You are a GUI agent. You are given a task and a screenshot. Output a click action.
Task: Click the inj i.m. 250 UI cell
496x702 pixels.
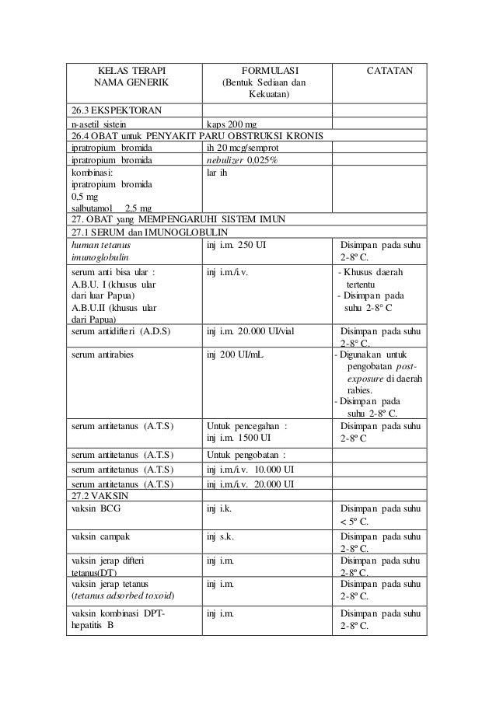pos(239,247)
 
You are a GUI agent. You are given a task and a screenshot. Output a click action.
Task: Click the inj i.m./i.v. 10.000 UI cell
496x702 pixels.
pos(250,470)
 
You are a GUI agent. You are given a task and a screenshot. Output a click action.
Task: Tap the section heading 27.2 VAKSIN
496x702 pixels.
pos(98,494)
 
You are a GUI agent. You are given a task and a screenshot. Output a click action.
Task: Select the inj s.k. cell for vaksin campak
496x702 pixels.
pos(221,537)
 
